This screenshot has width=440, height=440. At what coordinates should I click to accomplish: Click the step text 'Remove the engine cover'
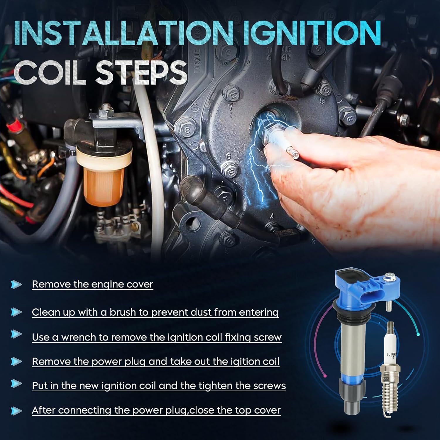click(92, 284)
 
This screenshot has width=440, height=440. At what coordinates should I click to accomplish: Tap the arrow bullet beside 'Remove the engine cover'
click(16, 284)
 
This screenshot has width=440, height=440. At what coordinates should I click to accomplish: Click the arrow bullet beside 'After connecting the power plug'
click(16, 410)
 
